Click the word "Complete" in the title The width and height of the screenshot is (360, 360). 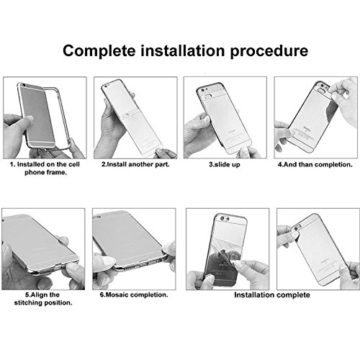99,50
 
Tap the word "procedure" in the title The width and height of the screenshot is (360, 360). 269,51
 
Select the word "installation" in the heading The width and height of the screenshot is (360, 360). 183,50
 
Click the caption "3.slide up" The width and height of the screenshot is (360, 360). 225,165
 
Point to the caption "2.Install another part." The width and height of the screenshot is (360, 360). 135,164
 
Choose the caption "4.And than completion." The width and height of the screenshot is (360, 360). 315,165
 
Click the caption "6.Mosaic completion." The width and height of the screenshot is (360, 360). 134,294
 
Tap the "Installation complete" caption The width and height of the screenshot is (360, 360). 272,294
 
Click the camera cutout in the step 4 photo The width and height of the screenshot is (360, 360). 320,90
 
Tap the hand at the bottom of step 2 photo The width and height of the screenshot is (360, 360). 166,153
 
